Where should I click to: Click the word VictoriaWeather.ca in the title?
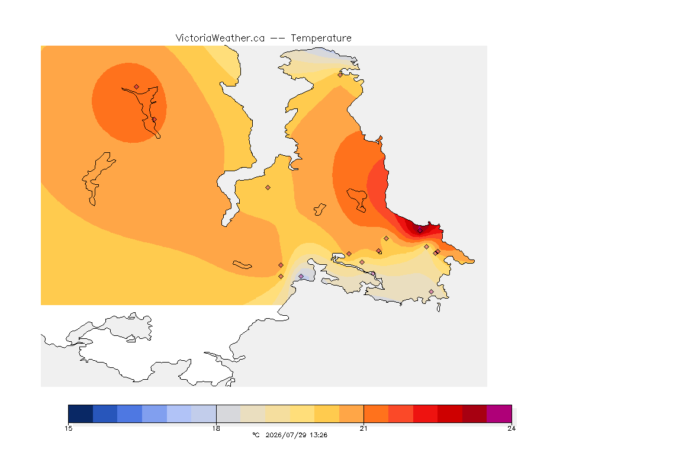(220, 39)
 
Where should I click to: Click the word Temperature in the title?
(321, 39)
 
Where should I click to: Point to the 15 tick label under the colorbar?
(68, 428)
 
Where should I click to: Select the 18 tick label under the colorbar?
(216, 428)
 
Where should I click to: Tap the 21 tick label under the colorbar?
(363, 428)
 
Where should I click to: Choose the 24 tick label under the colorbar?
(511, 428)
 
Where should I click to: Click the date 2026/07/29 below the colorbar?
(285, 435)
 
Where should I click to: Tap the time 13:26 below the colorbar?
(319, 435)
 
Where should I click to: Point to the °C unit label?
(256, 435)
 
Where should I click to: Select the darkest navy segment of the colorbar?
(81, 414)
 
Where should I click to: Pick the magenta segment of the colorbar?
(499, 414)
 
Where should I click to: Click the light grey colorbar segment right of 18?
(229, 414)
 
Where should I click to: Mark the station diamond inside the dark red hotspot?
(420, 231)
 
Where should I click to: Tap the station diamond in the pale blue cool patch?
(301, 277)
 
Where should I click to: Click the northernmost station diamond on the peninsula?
(340, 75)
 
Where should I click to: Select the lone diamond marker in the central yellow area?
(268, 188)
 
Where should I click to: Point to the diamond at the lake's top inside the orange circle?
(137, 87)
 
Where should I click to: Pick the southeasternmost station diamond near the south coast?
(431, 291)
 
